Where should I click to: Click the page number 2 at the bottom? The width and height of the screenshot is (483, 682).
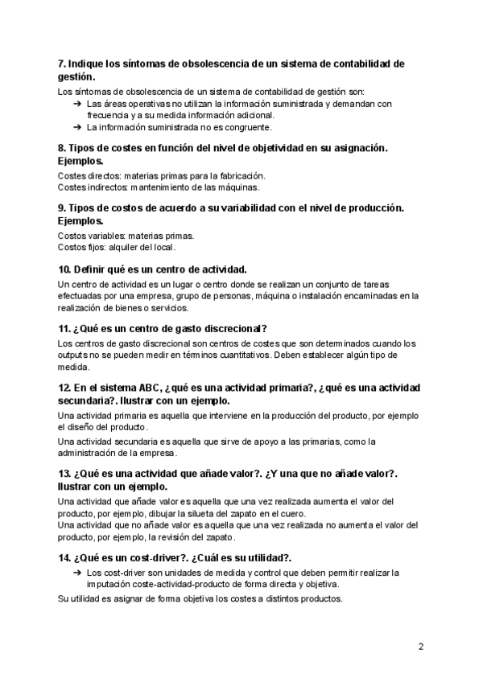421,646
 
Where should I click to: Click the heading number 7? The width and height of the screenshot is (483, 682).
62,64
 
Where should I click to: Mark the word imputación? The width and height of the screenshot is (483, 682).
111,584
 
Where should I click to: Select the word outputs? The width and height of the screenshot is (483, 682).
75,355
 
